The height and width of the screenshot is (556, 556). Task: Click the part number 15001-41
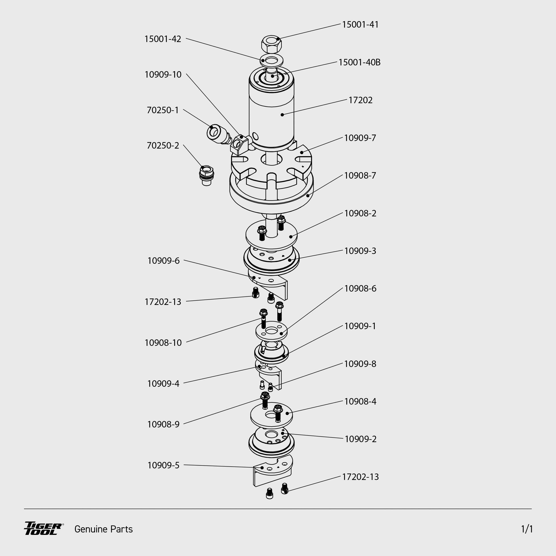tap(360, 25)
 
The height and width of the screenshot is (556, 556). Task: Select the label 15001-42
tap(163, 39)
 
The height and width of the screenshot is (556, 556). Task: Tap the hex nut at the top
tap(271, 44)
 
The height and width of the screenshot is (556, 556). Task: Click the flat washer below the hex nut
tap(271, 61)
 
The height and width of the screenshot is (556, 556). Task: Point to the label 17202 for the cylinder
tap(360, 100)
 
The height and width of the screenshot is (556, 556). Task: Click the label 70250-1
tap(163, 110)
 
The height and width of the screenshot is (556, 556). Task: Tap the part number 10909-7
tap(360, 138)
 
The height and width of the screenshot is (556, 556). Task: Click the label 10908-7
tap(360, 175)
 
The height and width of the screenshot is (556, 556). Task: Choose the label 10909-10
tap(163, 75)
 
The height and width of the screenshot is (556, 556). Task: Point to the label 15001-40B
tap(359, 62)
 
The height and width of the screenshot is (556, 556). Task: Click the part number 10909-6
tap(163, 261)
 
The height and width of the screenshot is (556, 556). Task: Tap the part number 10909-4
tap(163, 384)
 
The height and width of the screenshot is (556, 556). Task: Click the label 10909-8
tap(360, 364)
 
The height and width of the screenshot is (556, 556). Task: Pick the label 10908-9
tap(163, 425)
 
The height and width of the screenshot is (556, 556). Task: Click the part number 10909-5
tap(163, 465)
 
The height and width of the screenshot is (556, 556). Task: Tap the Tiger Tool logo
tap(43, 529)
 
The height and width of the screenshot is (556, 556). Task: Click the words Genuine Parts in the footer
tap(104, 529)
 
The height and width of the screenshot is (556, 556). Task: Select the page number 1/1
tap(527, 529)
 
